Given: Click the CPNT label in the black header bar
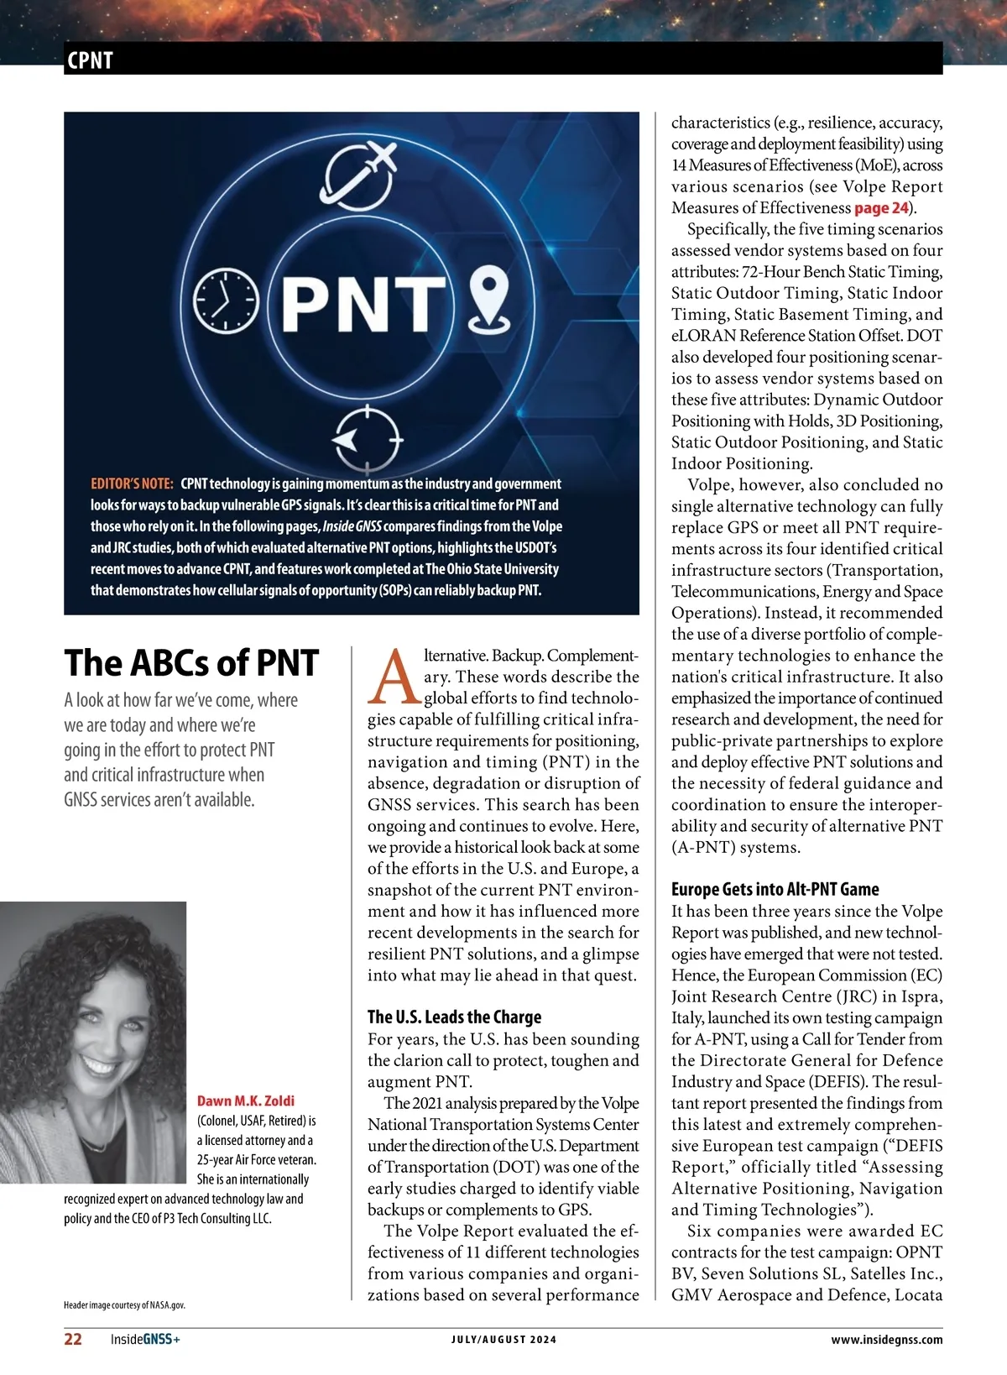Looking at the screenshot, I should [89, 60].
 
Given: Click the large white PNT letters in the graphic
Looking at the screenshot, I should [363, 302].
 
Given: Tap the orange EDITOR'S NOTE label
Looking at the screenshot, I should [132, 484].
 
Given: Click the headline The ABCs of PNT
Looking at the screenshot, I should [191, 662].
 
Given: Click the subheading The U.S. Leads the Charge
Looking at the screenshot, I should [454, 1017].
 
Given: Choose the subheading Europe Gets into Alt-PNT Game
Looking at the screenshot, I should [775, 889].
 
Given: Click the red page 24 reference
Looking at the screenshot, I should [881, 208].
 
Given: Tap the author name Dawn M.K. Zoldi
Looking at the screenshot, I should [246, 1101].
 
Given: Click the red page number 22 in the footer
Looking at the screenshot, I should [73, 1339].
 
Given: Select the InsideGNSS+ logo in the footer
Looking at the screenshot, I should [145, 1339].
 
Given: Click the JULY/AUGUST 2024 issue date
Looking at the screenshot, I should [503, 1340].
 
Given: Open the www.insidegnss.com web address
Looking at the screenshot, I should [886, 1340].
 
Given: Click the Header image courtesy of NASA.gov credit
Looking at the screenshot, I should [124, 1305].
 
